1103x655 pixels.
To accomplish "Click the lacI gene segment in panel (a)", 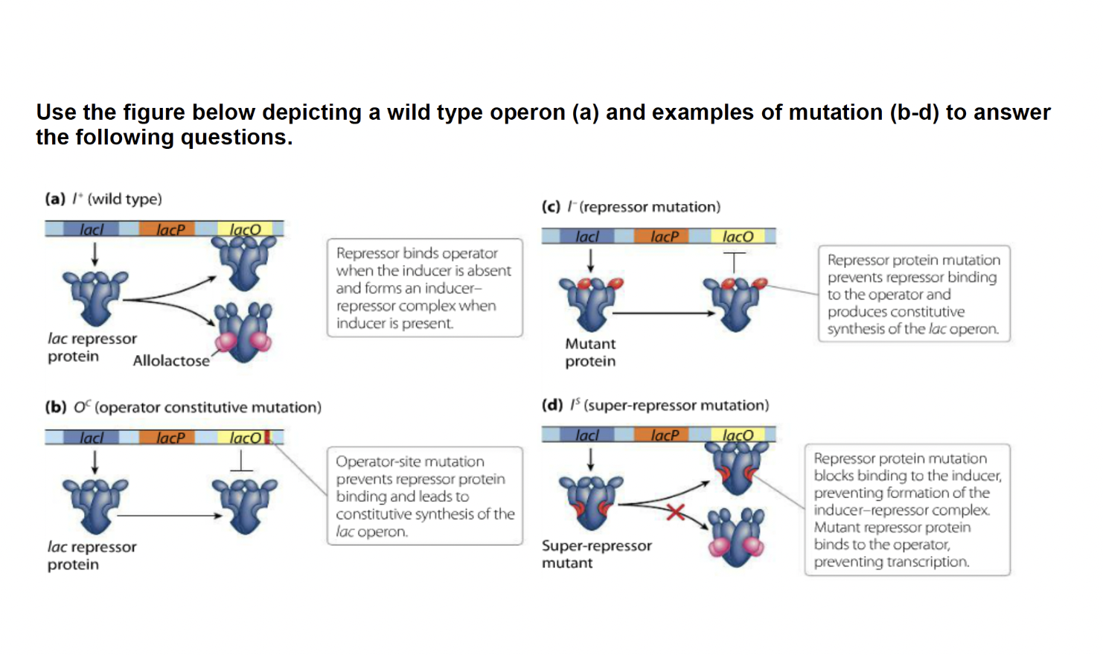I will pyautogui.click(x=92, y=229).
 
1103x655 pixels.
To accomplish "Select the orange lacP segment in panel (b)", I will pyautogui.click(x=170, y=438).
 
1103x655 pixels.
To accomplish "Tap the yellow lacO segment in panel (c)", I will pyautogui.click(x=738, y=237).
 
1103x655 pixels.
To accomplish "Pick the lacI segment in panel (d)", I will pyautogui.click(x=587, y=435).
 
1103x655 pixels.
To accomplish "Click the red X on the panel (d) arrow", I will pyautogui.click(x=675, y=511).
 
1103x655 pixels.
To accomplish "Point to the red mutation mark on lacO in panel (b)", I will pyautogui.click(x=267, y=437).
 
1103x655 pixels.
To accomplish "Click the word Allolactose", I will pyautogui.click(x=171, y=361).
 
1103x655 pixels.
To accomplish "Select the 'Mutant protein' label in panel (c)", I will pyautogui.click(x=590, y=353).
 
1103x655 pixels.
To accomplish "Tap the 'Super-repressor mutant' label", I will pyautogui.click(x=596, y=554).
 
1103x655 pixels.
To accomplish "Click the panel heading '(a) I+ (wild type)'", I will pyautogui.click(x=103, y=199).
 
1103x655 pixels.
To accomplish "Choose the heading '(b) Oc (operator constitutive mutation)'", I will pyautogui.click(x=183, y=407).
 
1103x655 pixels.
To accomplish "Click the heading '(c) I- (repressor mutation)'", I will pyautogui.click(x=631, y=206).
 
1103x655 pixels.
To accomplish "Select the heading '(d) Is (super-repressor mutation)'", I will pyautogui.click(x=655, y=405).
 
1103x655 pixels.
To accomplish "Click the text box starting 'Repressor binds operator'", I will pyautogui.click(x=424, y=288).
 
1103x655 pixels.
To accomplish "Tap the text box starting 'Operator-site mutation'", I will pyautogui.click(x=424, y=496).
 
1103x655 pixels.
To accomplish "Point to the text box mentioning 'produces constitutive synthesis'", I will pyautogui.click(x=913, y=294).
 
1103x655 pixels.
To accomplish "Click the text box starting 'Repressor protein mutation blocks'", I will pyautogui.click(x=907, y=510).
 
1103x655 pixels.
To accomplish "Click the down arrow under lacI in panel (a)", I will pyautogui.click(x=95, y=255).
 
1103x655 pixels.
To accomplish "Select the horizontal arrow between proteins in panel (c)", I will pyautogui.click(x=662, y=313).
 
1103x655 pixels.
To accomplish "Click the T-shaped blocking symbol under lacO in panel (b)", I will pyautogui.click(x=241, y=462).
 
